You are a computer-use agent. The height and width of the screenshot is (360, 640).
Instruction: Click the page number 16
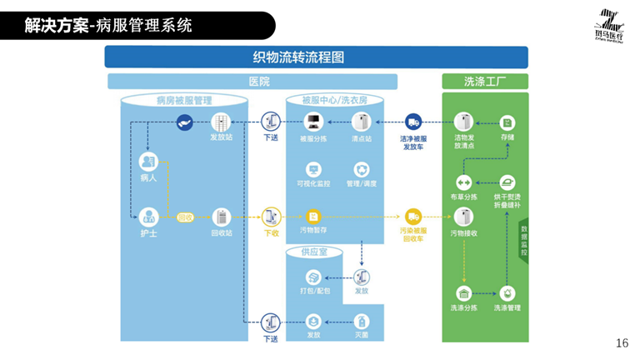pyautogui.click(x=622, y=343)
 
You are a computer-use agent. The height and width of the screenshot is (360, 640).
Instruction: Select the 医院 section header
pyautogui.click(x=259, y=82)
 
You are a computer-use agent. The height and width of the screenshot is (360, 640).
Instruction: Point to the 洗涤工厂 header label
pyautogui.click(x=485, y=82)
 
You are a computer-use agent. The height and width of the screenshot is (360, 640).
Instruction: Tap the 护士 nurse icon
pyautogui.click(x=148, y=216)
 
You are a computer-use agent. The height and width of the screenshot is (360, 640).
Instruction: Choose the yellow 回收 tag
pyautogui.click(x=185, y=217)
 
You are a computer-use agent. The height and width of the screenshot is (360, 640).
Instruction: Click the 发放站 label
pyautogui.click(x=221, y=137)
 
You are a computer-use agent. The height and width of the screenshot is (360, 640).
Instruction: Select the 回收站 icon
pyautogui.click(x=221, y=216)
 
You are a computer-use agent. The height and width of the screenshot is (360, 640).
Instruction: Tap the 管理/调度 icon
pyautogui.click(x=362, y=169)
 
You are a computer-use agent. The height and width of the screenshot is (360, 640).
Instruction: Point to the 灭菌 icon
pyautogui.click(x=362, y=321)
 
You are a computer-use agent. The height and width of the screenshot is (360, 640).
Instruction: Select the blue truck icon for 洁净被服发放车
pyautogui.click(x=413, y=122)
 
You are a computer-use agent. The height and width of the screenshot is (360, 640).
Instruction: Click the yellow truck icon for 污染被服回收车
pyautogui.click(x=413, y=216)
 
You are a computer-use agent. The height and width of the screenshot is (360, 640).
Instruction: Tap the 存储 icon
pyautogui.click(x=507, y=122)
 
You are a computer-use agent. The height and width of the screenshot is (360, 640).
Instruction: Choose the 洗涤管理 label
pyautogui.click(x=507, y=308)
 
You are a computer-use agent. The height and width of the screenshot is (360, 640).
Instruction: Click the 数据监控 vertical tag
pyautogui.click(x=524, y=238)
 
